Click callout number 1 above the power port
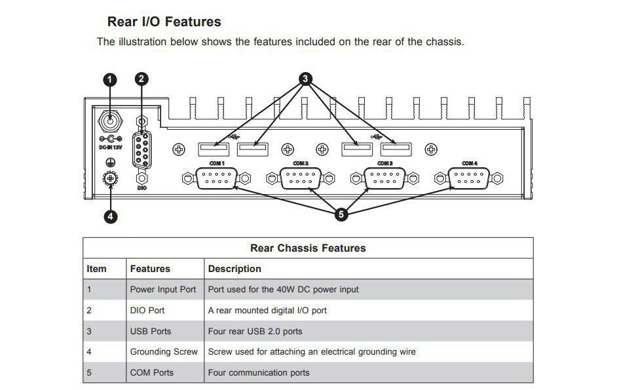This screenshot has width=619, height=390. (x=110, y=79)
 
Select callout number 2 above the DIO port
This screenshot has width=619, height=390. (x=141, y=79)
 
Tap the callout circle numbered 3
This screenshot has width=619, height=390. (x=305, y=79)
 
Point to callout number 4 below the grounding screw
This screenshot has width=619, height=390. (x=111, y=216)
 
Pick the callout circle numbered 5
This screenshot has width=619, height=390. (x=341, y=214)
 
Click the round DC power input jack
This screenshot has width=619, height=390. (x=110, y=121)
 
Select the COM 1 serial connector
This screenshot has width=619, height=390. (x=217, y=178)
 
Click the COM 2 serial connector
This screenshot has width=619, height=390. (x=300, y=178)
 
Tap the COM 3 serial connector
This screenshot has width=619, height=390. (x=385, y=178)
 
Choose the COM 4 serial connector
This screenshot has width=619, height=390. (x=469, y=178)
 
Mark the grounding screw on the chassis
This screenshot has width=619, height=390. (x=111, y=178)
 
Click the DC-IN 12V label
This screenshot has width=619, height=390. (x=110, y=147)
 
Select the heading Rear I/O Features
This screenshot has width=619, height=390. (x=164, y=22)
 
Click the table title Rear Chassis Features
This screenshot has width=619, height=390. (x=308, y=248)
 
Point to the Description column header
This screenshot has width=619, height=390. (x=234, y=269)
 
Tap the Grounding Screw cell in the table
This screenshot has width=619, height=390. (x=164, y=352)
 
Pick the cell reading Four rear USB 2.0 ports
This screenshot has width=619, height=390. (x=255, y=331)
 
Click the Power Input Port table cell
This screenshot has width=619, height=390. (x=163, y=289)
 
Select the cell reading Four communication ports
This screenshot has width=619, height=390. (x=259, y=373)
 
